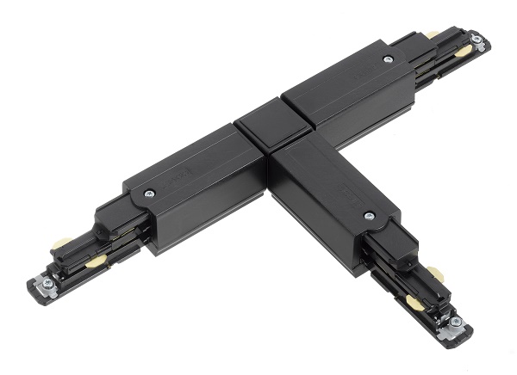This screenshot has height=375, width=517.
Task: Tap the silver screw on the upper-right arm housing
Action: (389, 58)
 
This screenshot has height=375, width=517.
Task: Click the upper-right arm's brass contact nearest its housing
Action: (432, 35)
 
